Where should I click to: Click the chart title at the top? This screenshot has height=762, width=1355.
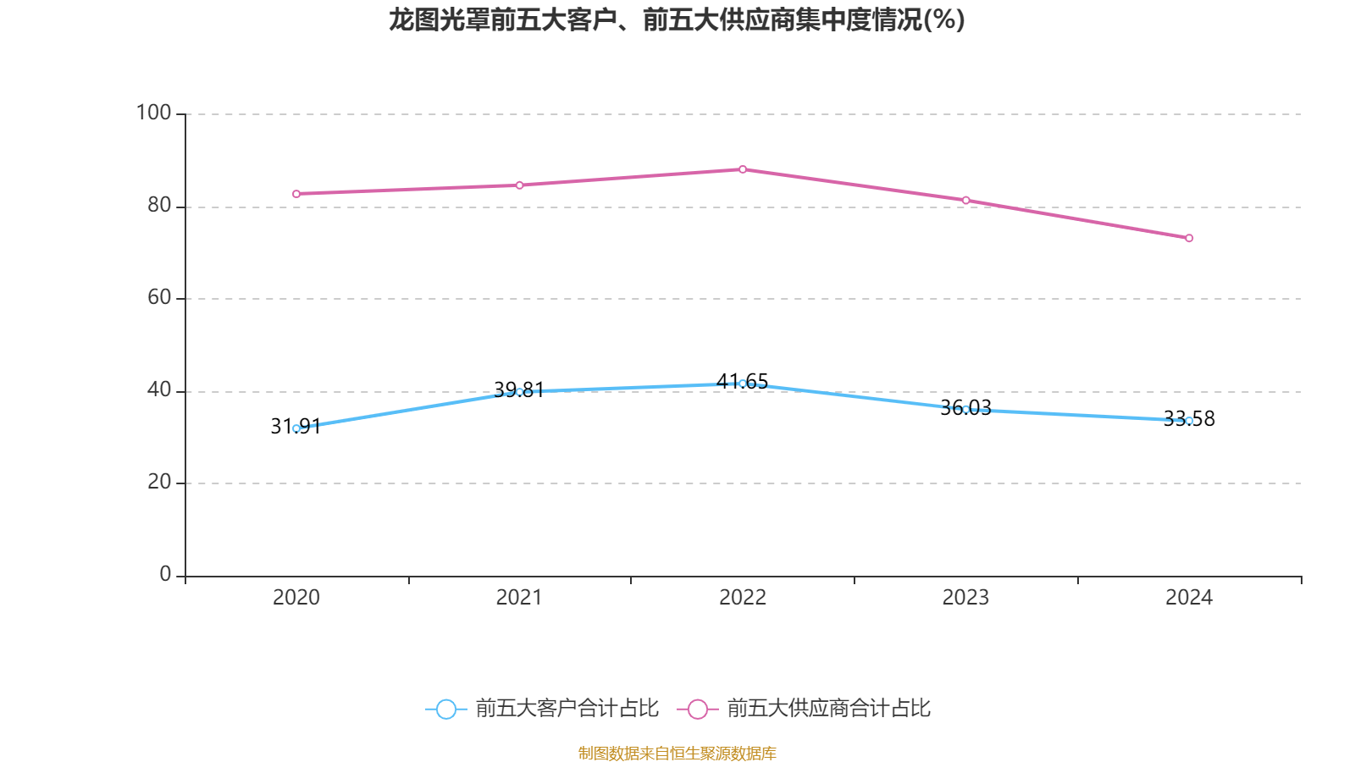click(677, 19)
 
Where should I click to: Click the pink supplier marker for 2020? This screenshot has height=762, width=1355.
click(296, 194)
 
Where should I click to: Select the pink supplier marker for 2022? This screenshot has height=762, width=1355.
click(743, 169)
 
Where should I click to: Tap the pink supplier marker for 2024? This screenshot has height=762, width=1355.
click(1189, 238)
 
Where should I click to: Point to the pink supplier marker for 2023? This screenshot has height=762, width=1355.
click(965, 200)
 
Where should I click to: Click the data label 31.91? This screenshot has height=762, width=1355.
click(296, 427)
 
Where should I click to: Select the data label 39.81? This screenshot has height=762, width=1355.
click(518, 389)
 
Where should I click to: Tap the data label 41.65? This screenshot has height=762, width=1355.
click(742, 381)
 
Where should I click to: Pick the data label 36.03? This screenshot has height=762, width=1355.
click(965, 407)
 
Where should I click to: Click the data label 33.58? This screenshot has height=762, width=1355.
click(1189, 418)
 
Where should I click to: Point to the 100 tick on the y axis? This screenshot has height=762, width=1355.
click(153, 113)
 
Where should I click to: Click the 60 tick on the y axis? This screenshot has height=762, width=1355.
click(159, 297)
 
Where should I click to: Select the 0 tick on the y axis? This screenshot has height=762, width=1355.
click(165, 575)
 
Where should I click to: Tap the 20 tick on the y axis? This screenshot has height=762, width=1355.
click(159, 482)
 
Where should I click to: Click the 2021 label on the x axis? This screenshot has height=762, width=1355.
click(518, 598)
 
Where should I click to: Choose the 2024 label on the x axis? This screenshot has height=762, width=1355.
click(1189, 598)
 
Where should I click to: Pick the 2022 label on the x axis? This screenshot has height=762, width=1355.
click(743, 598)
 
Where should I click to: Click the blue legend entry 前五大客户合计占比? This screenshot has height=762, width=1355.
click(543, 709)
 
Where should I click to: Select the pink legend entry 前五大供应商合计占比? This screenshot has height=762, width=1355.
click(805, 709)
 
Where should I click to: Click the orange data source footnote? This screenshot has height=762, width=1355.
click(677, 753)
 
